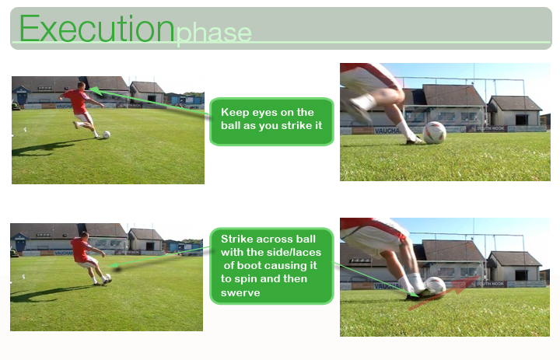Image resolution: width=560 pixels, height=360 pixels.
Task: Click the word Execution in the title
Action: [96, 29]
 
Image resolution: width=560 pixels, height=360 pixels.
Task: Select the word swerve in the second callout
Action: [240, 293]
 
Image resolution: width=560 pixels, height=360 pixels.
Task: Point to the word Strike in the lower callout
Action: [237, 239]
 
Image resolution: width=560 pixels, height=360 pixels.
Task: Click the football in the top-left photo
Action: [106, 135]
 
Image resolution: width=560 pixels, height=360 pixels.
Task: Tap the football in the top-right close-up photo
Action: [434, 133]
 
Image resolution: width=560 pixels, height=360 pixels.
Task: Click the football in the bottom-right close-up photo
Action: [435, 286]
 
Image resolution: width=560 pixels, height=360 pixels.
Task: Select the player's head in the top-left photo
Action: [82, 86]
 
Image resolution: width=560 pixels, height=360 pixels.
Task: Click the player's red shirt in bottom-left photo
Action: [80, 250]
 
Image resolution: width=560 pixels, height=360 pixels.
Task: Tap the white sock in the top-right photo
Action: [407, 131]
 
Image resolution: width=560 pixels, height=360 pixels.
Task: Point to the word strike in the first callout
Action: [299, 126]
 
